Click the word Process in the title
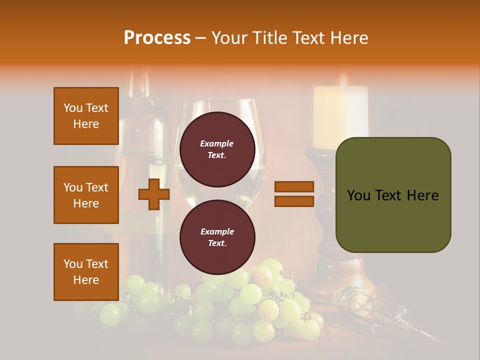(x=157, y=38)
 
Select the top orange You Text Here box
(x=86, y=116)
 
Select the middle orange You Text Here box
(x=86, y=195)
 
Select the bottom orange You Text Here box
(x=86, y=272)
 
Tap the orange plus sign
(x=154, y=194)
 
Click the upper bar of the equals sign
(x=294, y=186)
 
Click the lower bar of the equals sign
(x=294, y=201)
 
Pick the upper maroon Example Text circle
(x=217, y=149)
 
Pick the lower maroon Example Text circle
(x=217, y=237)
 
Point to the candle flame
(x=343, y=80)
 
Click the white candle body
(x=340, y=117)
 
